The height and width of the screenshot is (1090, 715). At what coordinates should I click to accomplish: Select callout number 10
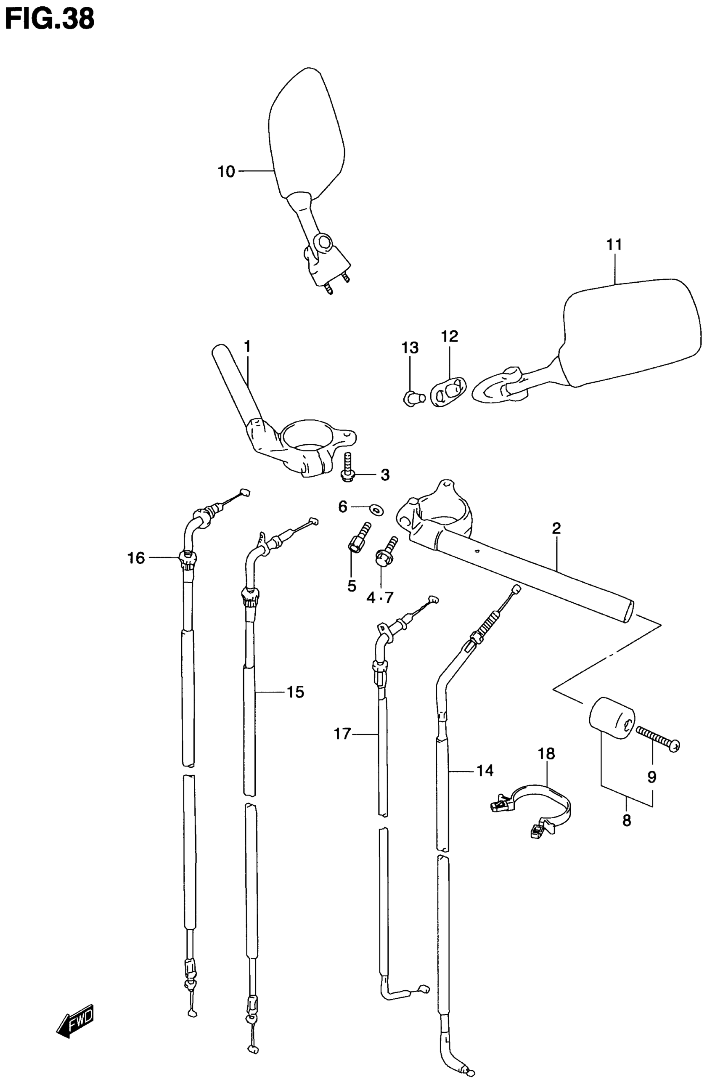coord(226,172)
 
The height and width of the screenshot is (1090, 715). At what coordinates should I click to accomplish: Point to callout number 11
coord(614,245)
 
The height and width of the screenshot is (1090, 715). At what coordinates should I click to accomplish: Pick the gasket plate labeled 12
coord(446,392)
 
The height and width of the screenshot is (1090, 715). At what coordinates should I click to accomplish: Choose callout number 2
coord(556,529)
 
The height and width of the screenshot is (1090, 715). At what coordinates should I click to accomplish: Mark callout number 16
coord(136,558)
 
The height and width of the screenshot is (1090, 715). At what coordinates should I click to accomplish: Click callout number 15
coord(295,692)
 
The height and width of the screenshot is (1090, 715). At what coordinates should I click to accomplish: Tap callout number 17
coord(342,734)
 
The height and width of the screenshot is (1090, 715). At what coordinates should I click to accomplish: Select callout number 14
coord(485,771)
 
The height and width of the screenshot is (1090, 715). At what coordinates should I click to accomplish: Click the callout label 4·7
coord(380,598)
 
